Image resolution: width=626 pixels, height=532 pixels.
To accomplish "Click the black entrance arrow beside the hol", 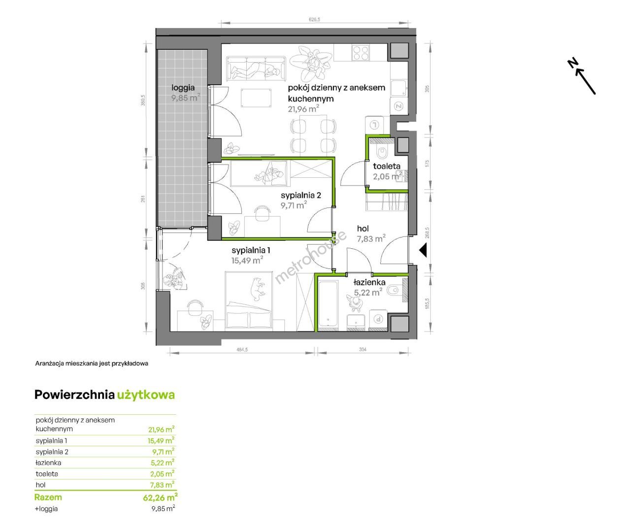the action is click(423, 250).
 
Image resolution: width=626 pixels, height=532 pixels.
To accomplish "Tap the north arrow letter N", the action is click(573, 64).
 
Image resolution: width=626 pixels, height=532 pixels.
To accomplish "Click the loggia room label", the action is click(183, 88).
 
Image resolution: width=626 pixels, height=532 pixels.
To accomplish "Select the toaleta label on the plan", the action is click(387, 166).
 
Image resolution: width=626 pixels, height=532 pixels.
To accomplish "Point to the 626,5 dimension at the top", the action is click(314, 19).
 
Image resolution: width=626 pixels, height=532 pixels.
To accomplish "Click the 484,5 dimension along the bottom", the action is click(242, 349).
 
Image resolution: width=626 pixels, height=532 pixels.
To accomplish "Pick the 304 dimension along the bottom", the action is click(362, 349).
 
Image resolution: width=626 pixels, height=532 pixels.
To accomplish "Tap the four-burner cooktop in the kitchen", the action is click(361, 53).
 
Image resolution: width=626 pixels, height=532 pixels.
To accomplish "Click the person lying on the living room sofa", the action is click(255, 70).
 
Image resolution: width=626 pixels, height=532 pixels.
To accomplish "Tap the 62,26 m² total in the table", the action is click(160, 498).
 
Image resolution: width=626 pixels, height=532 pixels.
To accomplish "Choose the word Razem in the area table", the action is click(48, 497).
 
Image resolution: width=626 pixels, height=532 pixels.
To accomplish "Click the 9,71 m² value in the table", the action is click(163, 452).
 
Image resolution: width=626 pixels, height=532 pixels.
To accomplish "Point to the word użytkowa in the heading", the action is click(146, 395).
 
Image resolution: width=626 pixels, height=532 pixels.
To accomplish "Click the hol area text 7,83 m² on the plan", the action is click(371, 239).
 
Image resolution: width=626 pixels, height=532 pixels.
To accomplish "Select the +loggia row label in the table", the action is click(46, 509).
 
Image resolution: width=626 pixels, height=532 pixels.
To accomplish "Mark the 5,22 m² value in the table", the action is click(163, 463).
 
